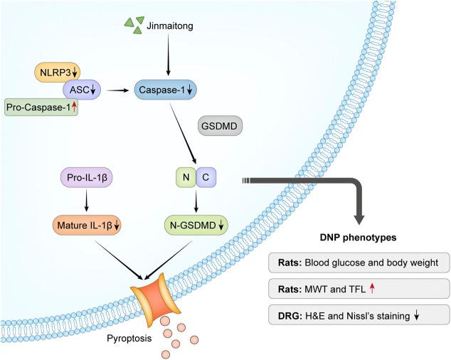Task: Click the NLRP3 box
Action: coord(58,71)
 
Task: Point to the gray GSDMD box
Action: coord(220,128)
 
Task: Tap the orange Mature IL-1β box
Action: coord(86,226)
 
